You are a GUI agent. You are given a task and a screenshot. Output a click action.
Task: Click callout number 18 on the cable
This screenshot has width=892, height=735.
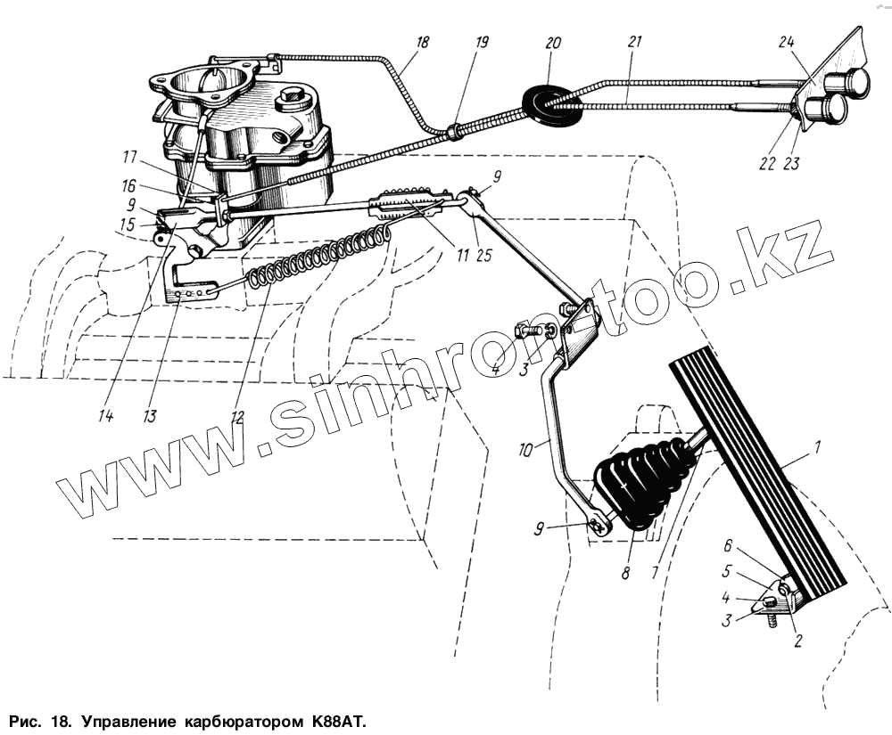pyautogui.click(x=422, y=41)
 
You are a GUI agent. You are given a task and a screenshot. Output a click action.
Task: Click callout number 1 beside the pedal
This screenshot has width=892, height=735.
pyautogui.click(x=818, y=445)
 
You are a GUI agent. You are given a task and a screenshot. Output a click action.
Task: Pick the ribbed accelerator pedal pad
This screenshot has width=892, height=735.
pyautogui.click(x=758, y=481)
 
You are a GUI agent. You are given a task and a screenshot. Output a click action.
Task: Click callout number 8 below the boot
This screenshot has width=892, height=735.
pyautogui.click(x=626, y=575)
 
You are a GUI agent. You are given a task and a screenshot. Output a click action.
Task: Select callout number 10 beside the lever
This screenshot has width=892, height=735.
pyautogui.click(x=526, y=450)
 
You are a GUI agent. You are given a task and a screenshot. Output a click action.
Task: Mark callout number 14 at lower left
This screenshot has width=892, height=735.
pyautogui.click(x=106, y=415)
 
